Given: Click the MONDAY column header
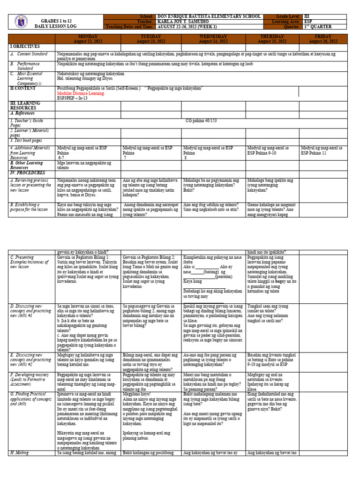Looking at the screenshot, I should click(x=88, y=37).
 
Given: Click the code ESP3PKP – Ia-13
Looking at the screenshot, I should click(x=73, y=99).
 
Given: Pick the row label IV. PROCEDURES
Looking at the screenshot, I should click(x=28, y=173).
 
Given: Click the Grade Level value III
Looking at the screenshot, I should click(x=307, y=16).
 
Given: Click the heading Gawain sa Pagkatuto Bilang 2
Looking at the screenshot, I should click(x=148, y=258).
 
